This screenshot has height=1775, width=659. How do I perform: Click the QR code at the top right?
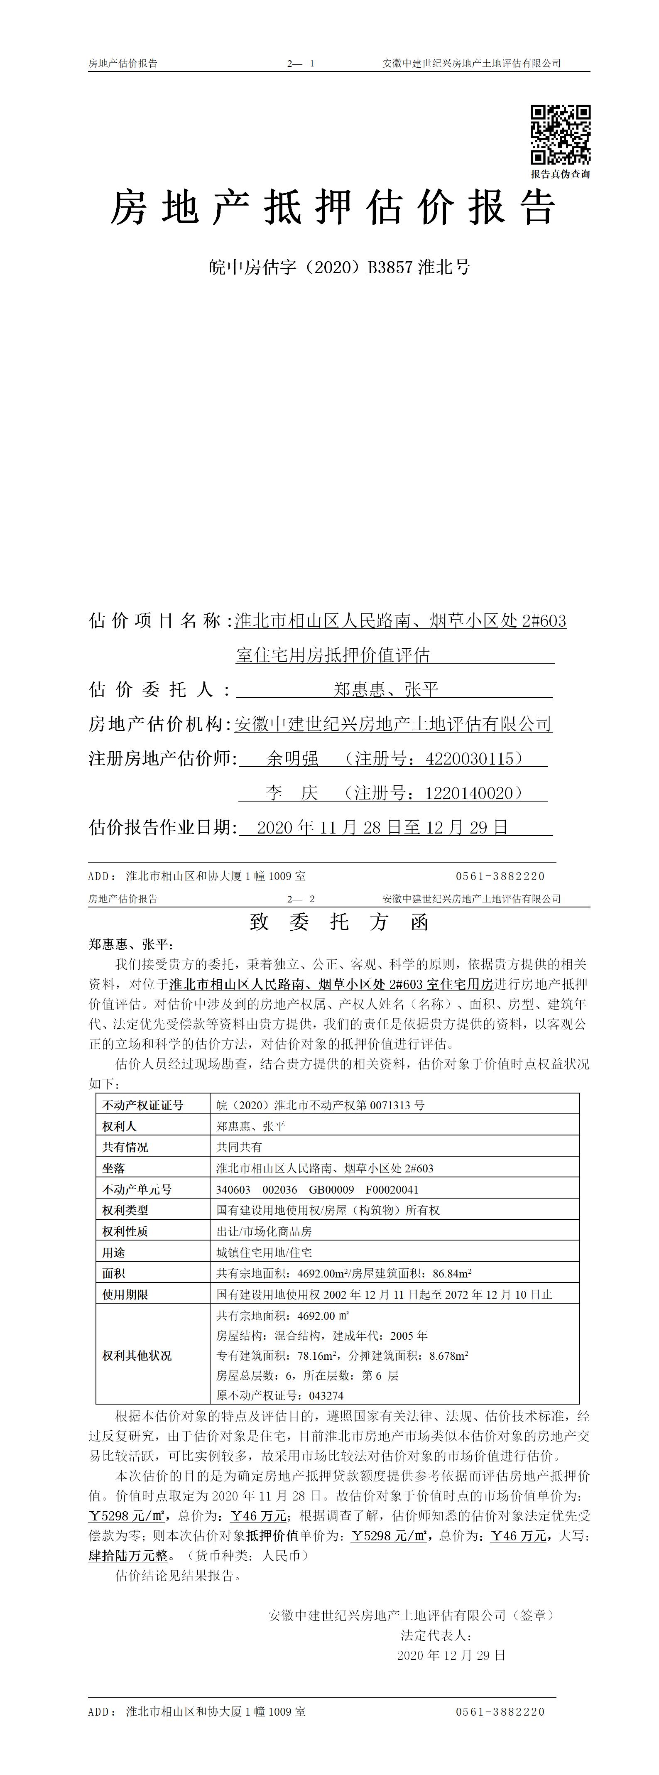pyautogui.click(x=560, y=135)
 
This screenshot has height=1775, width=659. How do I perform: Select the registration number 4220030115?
pyautogui.click(x=470, y=759)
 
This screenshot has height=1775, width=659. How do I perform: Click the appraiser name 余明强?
pyautogui.click(x=293, y=759)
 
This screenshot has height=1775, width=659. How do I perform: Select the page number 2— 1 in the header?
pyautogui.click(x=301, y=64)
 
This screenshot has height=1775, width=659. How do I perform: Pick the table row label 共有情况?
pyautogui.click(x=125, y=1147)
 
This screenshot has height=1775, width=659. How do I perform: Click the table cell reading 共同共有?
pyautogui.click(x=239, y=1147)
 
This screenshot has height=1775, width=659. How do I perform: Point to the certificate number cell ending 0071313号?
pyautogui.click(x=320, y=1105)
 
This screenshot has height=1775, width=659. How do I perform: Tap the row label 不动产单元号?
pyautogui.click(x=137, y=1189)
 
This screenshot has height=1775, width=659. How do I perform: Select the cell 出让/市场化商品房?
pyautogui.click(x=264, y=1231)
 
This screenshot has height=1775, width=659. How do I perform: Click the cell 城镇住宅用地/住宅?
pyautogui.click(x=264, y=1252)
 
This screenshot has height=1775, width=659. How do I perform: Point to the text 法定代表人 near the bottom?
pyautogui.click(x=436, y=1635)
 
